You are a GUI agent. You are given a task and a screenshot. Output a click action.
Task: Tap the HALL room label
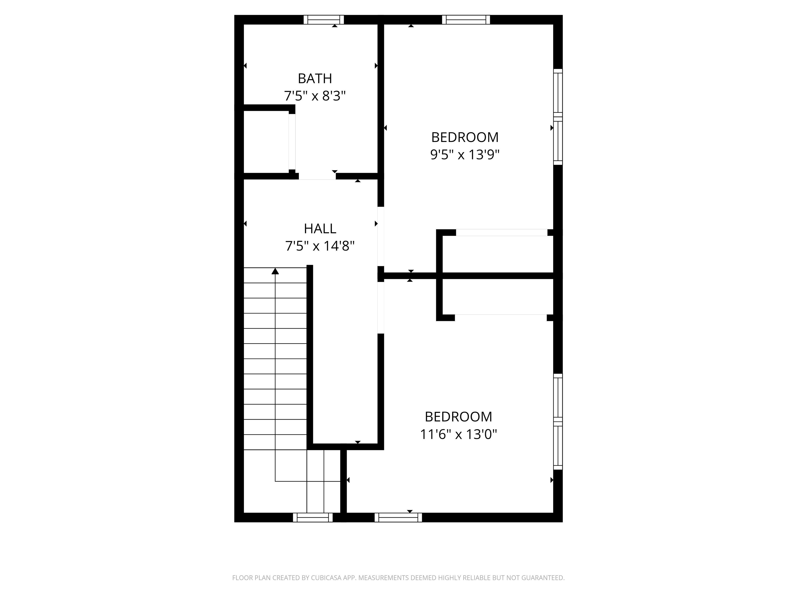[x=320, y=228]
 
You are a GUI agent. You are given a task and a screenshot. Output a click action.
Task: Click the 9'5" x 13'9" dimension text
[x=465, y=155]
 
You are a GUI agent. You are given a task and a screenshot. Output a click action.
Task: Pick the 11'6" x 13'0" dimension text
[x=458, y=434]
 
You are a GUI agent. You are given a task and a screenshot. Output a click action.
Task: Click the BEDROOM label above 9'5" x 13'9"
[x=465, y=137]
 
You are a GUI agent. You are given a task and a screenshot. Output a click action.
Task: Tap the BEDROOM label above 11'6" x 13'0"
[x=458, y=417]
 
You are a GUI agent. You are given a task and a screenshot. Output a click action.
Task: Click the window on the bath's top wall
[x=324, y=19]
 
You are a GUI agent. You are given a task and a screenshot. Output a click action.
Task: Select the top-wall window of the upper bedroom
[x=466, y=19]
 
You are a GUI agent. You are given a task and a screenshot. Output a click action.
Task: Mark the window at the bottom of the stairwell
[x=312, y=517]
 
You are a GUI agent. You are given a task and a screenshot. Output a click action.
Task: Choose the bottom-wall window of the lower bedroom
[x=398, y=517]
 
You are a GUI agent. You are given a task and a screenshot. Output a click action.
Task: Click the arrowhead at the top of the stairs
[x=275, y=271]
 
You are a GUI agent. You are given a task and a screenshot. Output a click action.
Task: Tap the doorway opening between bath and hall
[x=317, y=176]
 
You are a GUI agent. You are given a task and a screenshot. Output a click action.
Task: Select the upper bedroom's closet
[x=498, y=254]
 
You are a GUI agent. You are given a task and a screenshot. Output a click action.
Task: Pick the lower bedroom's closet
[x=498, y=297]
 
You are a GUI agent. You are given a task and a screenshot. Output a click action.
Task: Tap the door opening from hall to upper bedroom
[x=381, y=236]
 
